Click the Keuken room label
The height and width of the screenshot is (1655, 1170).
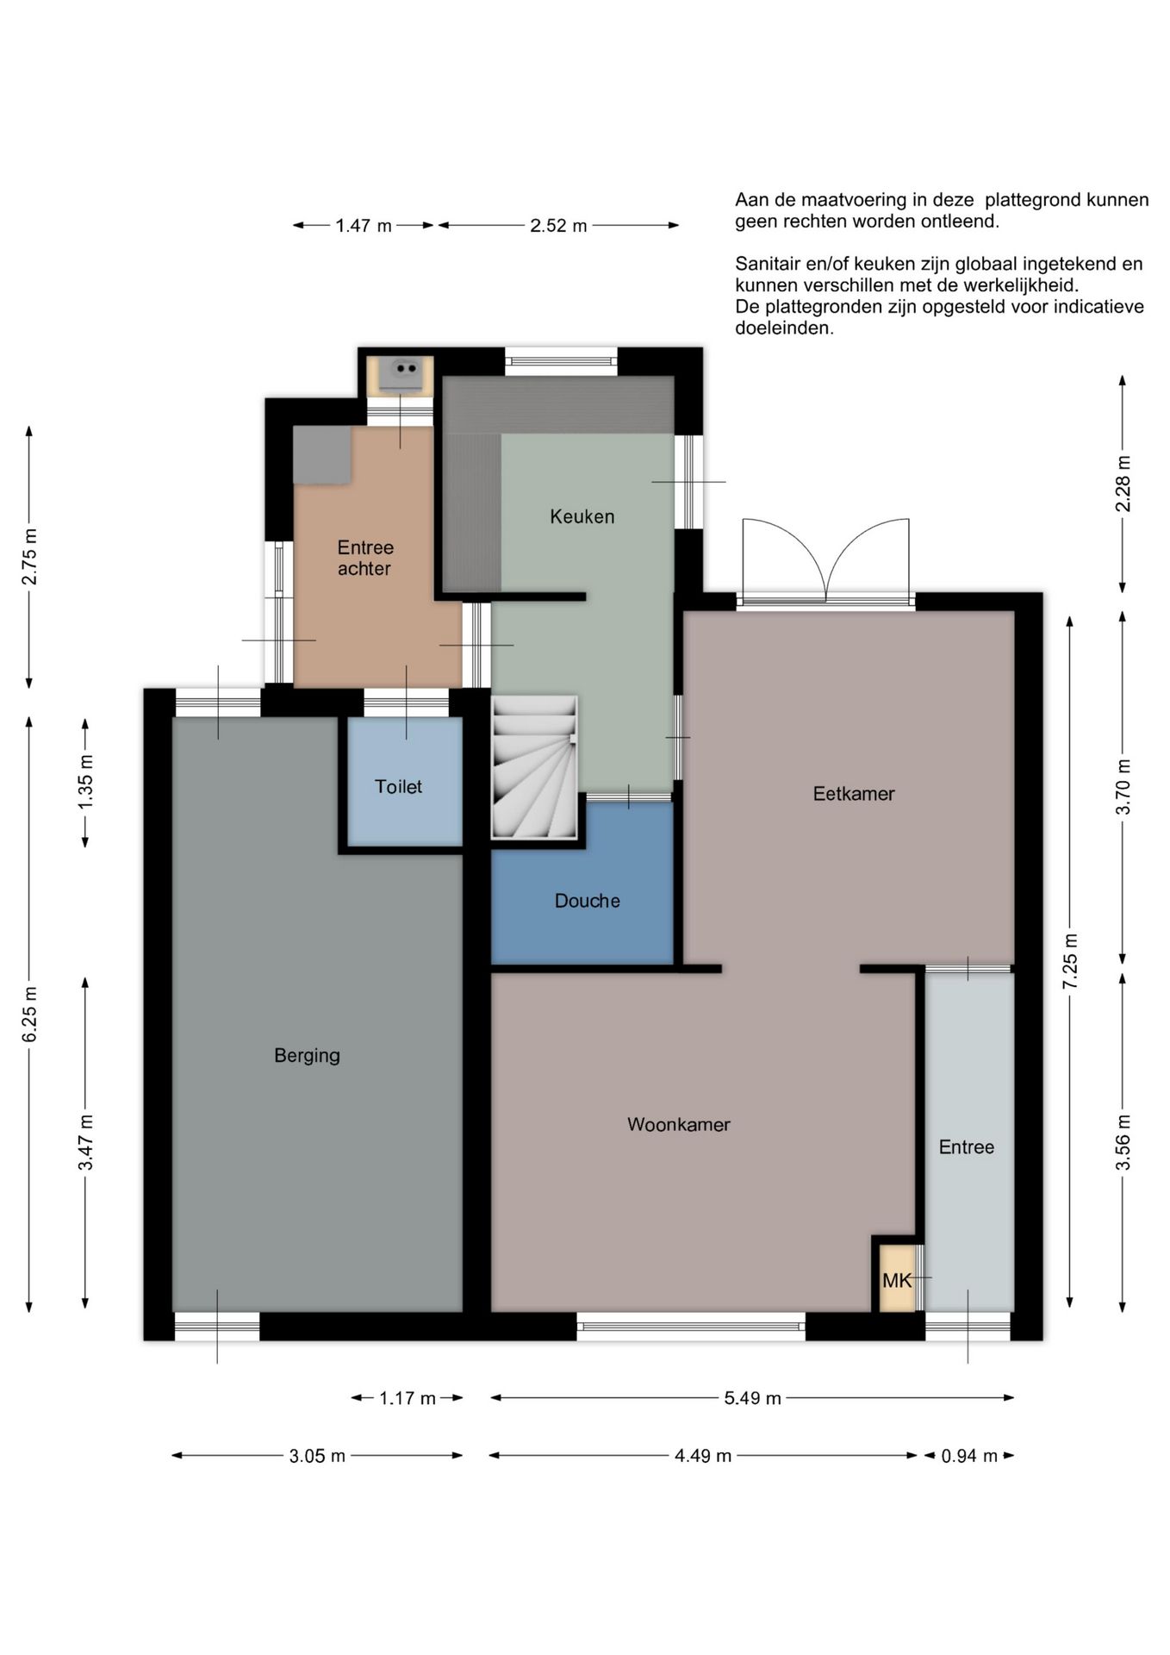(582, 516)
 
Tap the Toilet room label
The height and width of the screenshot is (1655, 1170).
(398, 786)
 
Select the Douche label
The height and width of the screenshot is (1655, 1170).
(587, 901)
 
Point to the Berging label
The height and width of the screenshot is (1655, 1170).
(307, 1056)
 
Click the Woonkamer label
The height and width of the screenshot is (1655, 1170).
(679, 1124)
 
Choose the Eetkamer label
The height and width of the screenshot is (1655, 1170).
(854, 793)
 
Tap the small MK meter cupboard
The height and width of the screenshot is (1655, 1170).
(897, 1280)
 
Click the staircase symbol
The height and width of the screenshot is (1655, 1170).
(534, 767)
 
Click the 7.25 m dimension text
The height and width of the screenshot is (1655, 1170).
(1070, 962)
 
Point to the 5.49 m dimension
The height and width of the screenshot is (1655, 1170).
(752, 1398)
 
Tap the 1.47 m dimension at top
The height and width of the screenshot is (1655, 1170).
(364, 226)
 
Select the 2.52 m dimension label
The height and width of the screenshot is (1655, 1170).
(558, 226)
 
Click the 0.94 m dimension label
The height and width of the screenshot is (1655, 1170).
(969, 1456)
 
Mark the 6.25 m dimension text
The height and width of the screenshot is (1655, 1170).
(29, 1014)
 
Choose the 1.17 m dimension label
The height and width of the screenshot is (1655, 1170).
(408, 1398)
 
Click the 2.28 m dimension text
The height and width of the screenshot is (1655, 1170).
(1123, 484)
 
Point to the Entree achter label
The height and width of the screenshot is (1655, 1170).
(365, 558)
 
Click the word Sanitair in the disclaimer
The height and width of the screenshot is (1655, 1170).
(769, 264)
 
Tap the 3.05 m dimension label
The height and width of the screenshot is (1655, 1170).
(317, 1456)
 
